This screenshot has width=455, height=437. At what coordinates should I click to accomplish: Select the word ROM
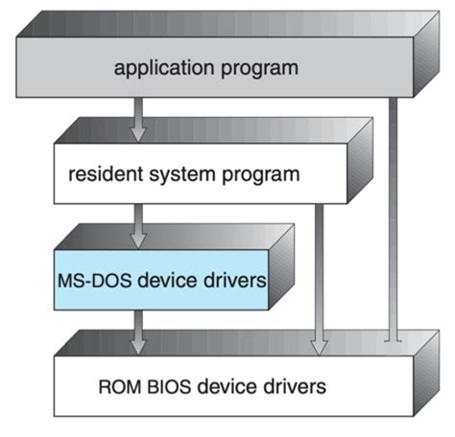click(120, 386)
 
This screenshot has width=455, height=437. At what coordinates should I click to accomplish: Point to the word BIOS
click(168, 386)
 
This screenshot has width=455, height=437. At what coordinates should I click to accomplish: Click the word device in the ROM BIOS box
click(224, 386)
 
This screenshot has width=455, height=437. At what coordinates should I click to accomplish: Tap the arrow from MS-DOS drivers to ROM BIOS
click(138, 331)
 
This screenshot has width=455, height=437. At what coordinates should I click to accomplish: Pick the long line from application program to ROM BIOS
click(391, 220)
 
